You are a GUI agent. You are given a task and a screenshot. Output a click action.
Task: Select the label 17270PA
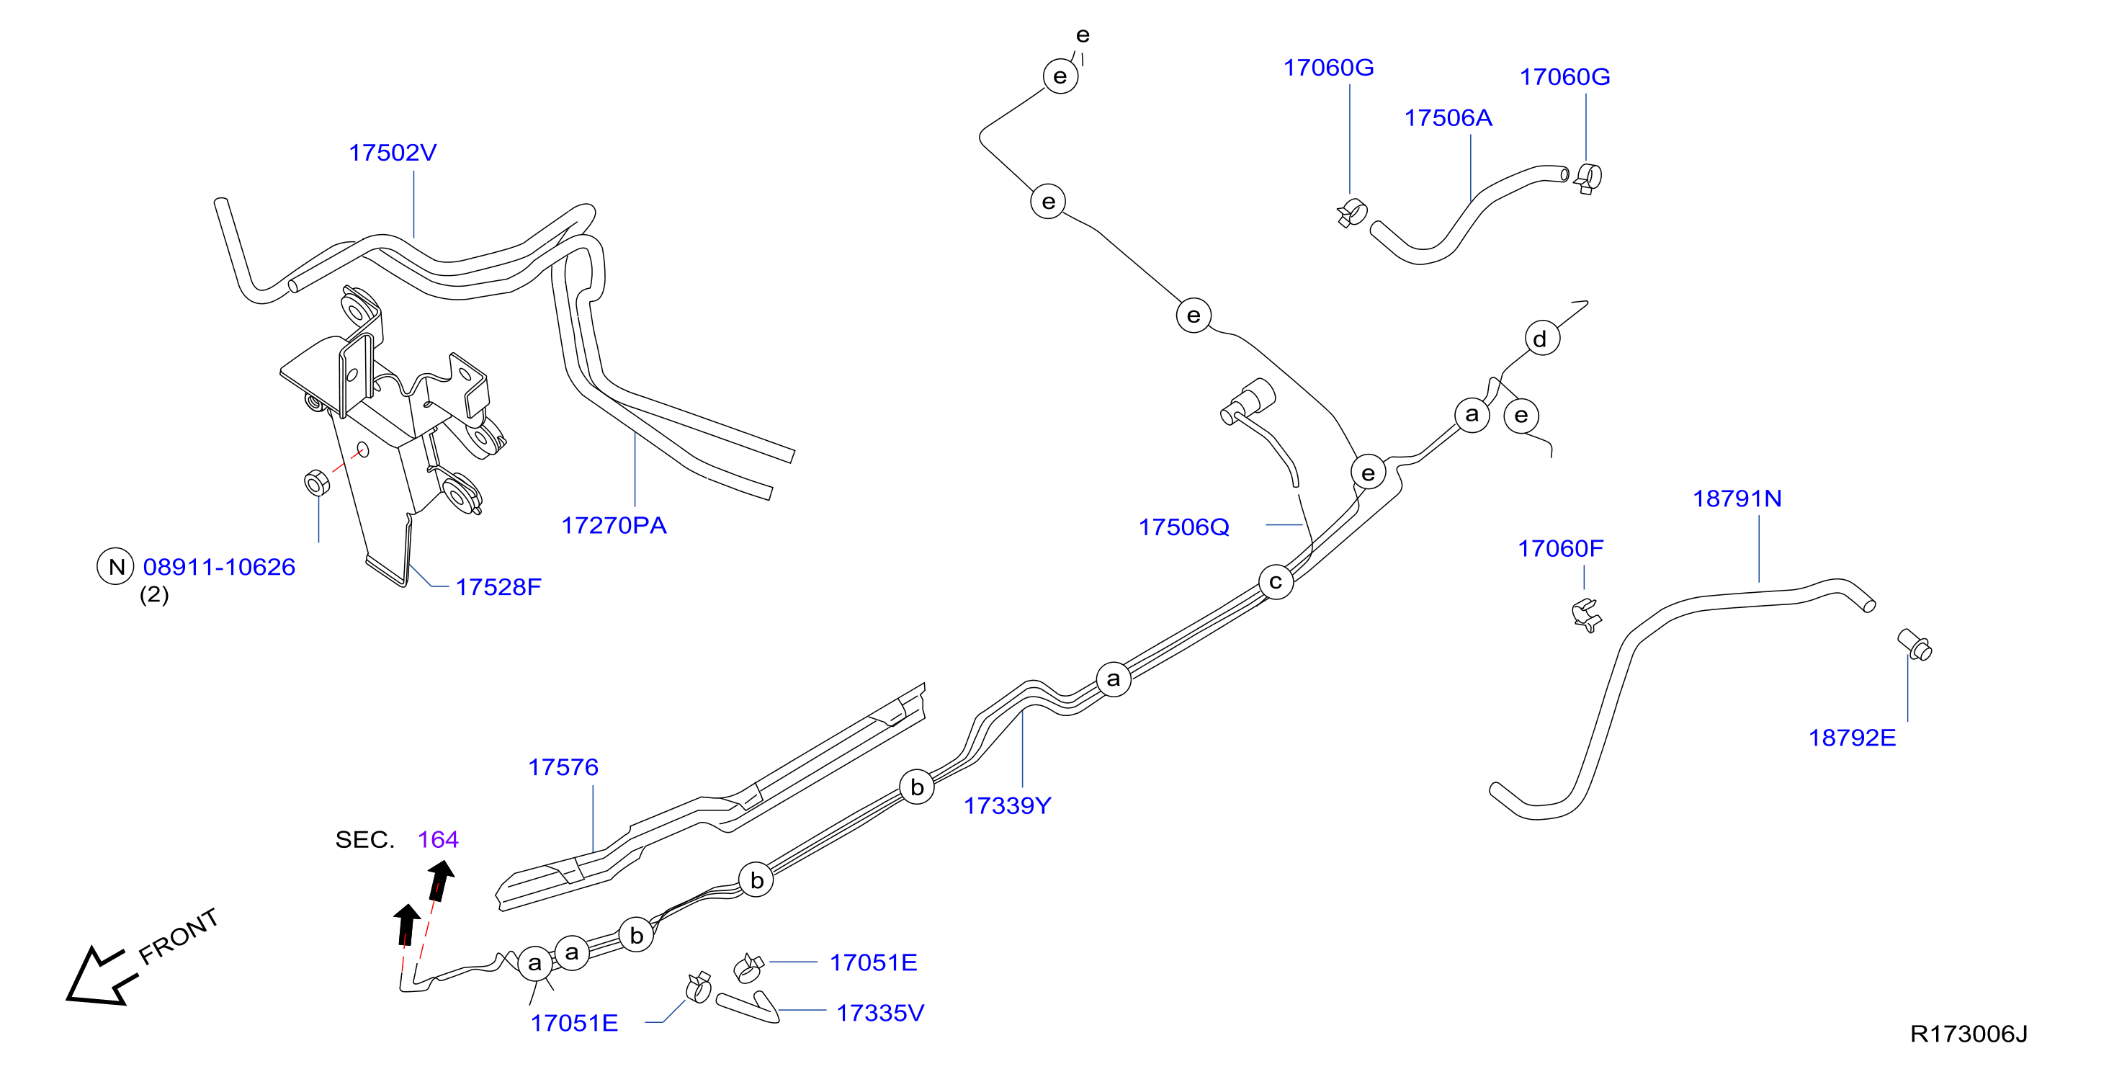click(x=613, y=526)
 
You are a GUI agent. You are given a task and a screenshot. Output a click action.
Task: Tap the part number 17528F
click(x=498, y=587)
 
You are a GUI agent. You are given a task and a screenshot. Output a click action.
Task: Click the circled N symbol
click(x=115, y=566)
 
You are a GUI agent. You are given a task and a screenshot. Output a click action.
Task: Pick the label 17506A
click(x=1448, y=118)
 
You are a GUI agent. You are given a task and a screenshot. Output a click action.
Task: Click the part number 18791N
click(x=1737, y=498)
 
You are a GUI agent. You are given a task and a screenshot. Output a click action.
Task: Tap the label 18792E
click(x=1851, y=738)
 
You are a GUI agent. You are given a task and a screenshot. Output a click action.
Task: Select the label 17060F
click(x=1559, y=548)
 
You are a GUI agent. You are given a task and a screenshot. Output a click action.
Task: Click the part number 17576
click(x=563, y=767)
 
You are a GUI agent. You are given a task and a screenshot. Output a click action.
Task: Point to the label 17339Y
click(x=1006, y=805)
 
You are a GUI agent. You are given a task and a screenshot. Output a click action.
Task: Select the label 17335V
click(x=879, y=1013)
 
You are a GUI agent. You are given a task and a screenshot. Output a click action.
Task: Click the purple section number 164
click(x=437, y=839)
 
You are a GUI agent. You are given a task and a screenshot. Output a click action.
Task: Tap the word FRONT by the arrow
click(x=179, y=936)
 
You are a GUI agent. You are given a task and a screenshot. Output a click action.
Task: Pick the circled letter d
click(x=1541, y=338)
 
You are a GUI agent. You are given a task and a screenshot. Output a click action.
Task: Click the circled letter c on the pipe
click(x=1276, y=582)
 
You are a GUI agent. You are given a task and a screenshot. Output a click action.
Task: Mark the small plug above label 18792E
click(x=1914, y=644)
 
